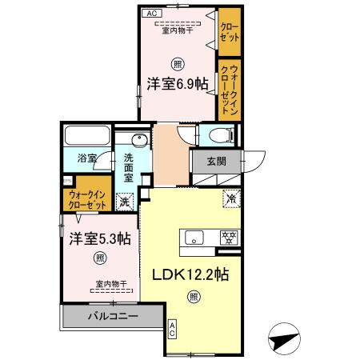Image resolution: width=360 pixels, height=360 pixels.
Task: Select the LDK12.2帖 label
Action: click(x=191, y=274)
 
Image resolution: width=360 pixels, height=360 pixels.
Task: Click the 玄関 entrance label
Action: click(x=216, y=160)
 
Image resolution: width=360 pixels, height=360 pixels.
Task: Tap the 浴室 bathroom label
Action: click(x=86, y=159)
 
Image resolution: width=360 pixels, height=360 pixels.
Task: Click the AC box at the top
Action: click(x=151, y=14)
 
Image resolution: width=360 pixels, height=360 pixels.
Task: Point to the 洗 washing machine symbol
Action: click(x=124, y=202)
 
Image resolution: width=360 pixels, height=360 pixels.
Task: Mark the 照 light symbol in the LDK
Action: click(x=192, y=297)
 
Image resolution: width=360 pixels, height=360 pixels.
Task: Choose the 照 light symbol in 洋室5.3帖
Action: click(x=99, y=258)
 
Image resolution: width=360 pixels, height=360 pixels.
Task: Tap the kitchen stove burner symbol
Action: click(x=230, y=237)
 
